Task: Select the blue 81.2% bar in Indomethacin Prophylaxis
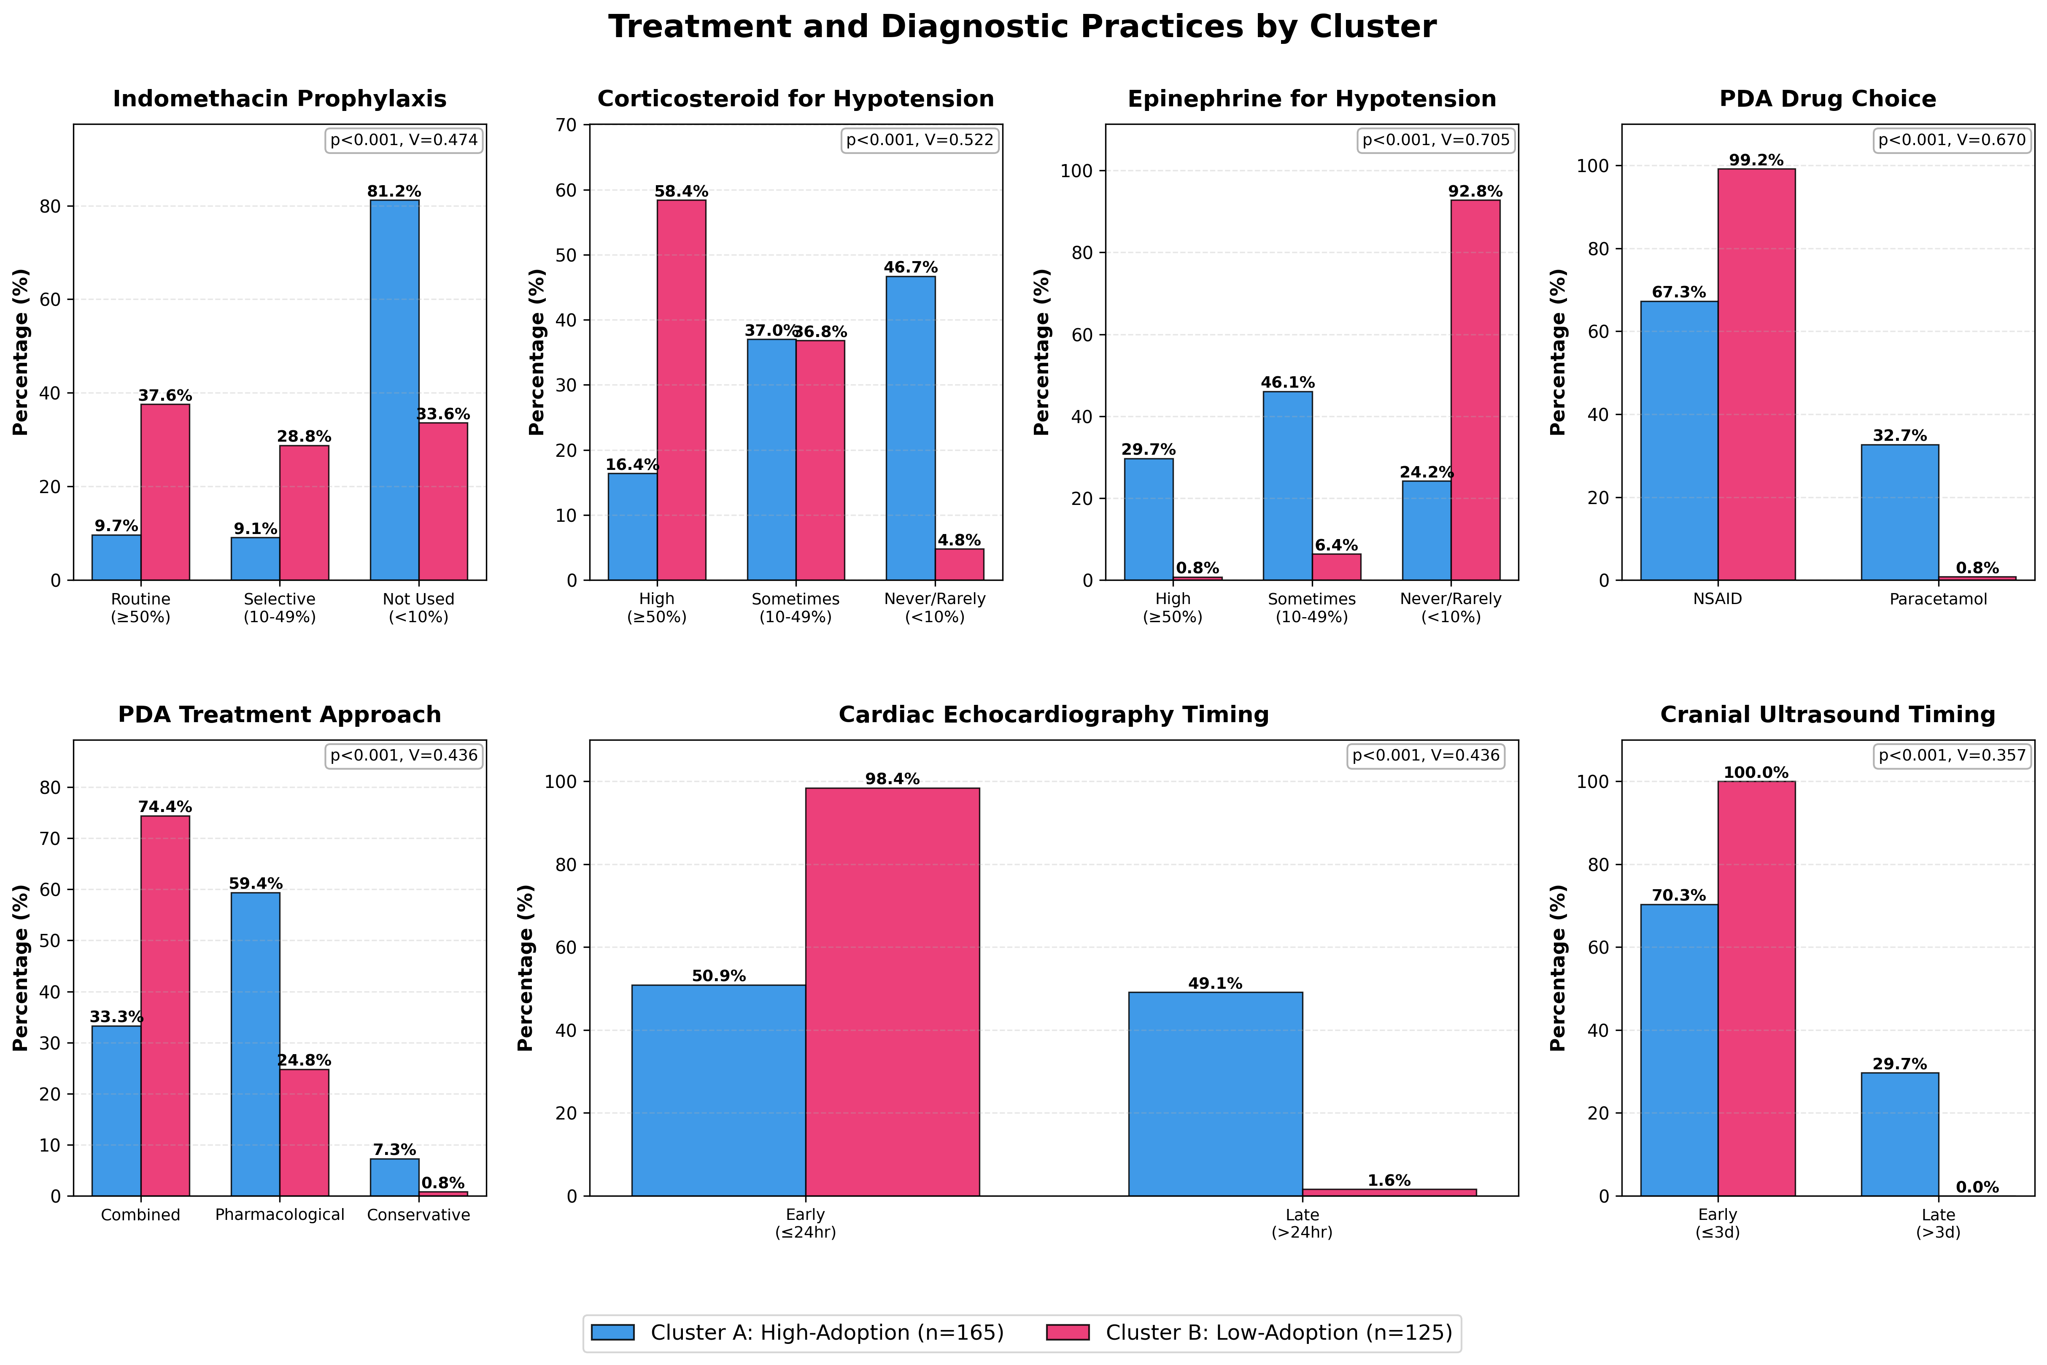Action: [394, 390]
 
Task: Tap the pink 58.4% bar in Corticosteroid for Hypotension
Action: [682, 390]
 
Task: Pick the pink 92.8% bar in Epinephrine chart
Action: [1475, 390]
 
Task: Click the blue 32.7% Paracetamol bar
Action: [1900, 513]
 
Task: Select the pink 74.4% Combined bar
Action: [165, 1006]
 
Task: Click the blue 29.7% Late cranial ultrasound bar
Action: [1900, 1134]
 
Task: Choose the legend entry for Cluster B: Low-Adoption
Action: [1249, 1333]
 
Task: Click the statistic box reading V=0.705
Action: [1436, 140]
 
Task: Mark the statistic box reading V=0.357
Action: [1952, 755]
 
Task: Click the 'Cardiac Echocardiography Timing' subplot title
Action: [1053, 715]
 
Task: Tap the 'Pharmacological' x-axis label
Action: [279, 1214]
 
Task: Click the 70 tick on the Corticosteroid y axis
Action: [566, 124]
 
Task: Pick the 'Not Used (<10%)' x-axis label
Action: [418, 608]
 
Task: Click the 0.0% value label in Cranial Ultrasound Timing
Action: [1977, 1187]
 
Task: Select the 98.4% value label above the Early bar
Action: [892, 779]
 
